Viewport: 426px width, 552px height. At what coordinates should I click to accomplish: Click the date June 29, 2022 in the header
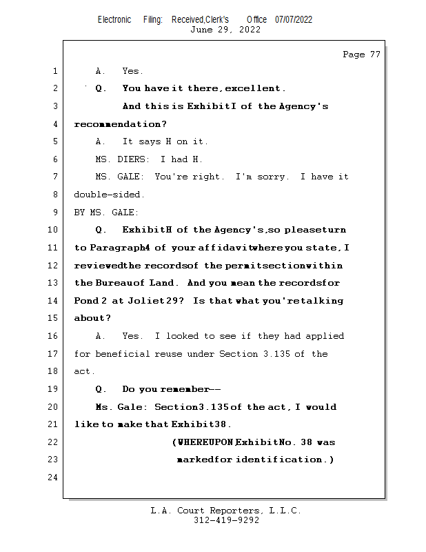225,30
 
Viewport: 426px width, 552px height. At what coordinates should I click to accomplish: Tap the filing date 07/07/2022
294,19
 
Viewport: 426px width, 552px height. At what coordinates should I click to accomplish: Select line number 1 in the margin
54,71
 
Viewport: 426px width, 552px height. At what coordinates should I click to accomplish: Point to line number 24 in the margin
52,477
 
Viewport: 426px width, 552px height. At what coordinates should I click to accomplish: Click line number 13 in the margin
52,283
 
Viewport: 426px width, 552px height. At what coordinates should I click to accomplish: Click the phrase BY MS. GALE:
106,213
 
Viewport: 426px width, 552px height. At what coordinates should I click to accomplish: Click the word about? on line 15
92,318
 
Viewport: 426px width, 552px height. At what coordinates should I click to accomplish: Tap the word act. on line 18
83,371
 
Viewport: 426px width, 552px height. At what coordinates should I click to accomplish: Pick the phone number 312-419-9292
226,520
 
